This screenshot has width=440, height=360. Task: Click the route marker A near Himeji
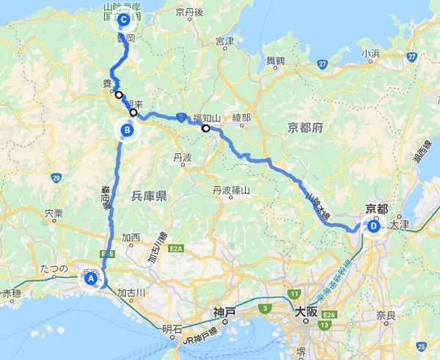click(92, 279)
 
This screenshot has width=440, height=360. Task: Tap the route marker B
click(128, 131)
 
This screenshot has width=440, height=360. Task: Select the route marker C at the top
click(123, 20)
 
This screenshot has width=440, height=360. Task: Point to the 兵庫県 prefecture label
click(150, 196)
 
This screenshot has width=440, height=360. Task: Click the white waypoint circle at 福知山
click(206, 128)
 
